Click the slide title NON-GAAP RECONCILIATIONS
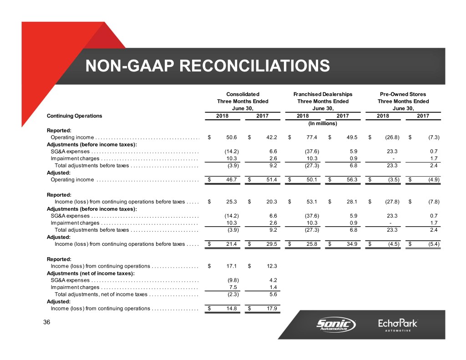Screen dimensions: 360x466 click(208, 66)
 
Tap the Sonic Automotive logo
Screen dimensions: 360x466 click(336, 325)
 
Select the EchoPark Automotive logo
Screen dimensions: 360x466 click(398, 325)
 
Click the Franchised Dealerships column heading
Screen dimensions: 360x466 click(323, 94)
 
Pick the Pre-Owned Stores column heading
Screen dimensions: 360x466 click(403, 94)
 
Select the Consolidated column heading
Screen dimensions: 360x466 click(243, 94)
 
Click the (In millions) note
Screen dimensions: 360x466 click(323, 123)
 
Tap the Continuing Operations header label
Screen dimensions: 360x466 click(75, 116)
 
